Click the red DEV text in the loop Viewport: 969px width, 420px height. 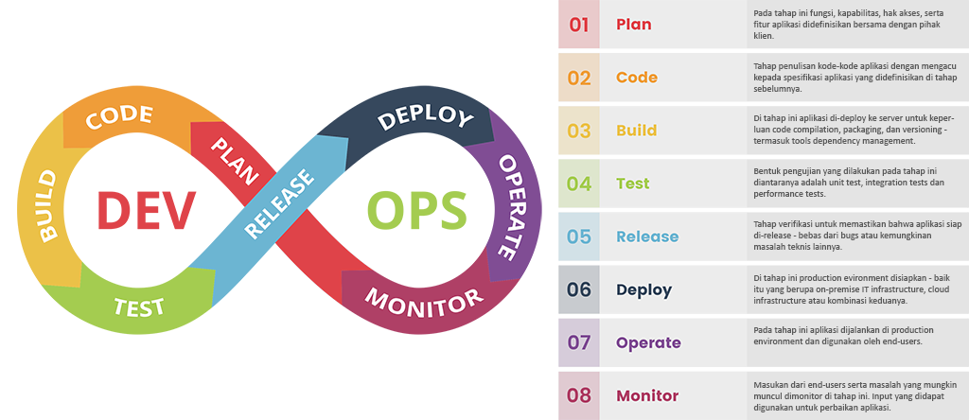tap(146, 210)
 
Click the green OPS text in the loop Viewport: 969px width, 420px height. tap(416, 210)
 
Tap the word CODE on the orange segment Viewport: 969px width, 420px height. tap(119, 116)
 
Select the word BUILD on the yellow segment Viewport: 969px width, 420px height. tap(44, 205)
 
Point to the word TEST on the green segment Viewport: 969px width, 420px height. tap(140, 306)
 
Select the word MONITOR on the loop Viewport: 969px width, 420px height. tap(423, 303)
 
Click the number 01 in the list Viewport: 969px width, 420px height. tap(579, 25)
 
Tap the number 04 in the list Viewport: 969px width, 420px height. tap(579, 184)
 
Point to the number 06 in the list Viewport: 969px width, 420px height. tap(579, 289)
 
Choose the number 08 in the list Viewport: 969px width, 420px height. tap(579, 395)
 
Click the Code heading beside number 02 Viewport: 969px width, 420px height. tap(636, 78)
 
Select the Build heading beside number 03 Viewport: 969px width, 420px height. tap(636, 131)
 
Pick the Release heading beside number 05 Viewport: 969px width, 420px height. tap(646, 236)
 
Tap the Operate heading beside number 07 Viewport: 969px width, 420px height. tap(647, 342)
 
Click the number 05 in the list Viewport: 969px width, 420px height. tap(579, 236)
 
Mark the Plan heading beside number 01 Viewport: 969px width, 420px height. tap(633, 25)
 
